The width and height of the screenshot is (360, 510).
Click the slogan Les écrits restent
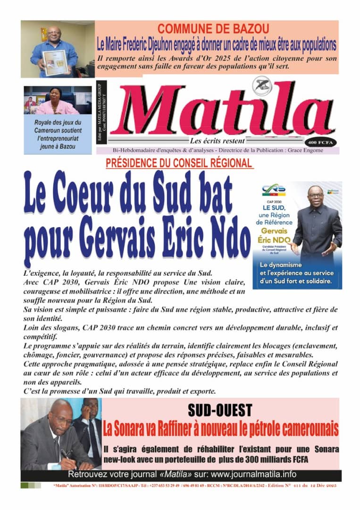[217, 141]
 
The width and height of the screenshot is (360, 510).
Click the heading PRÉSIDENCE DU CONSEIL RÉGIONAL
[179, 163]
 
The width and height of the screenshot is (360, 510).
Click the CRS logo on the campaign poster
[273, 190]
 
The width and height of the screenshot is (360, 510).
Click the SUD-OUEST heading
[220, 410]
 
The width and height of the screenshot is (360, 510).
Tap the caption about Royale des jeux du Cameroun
[58, 134]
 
